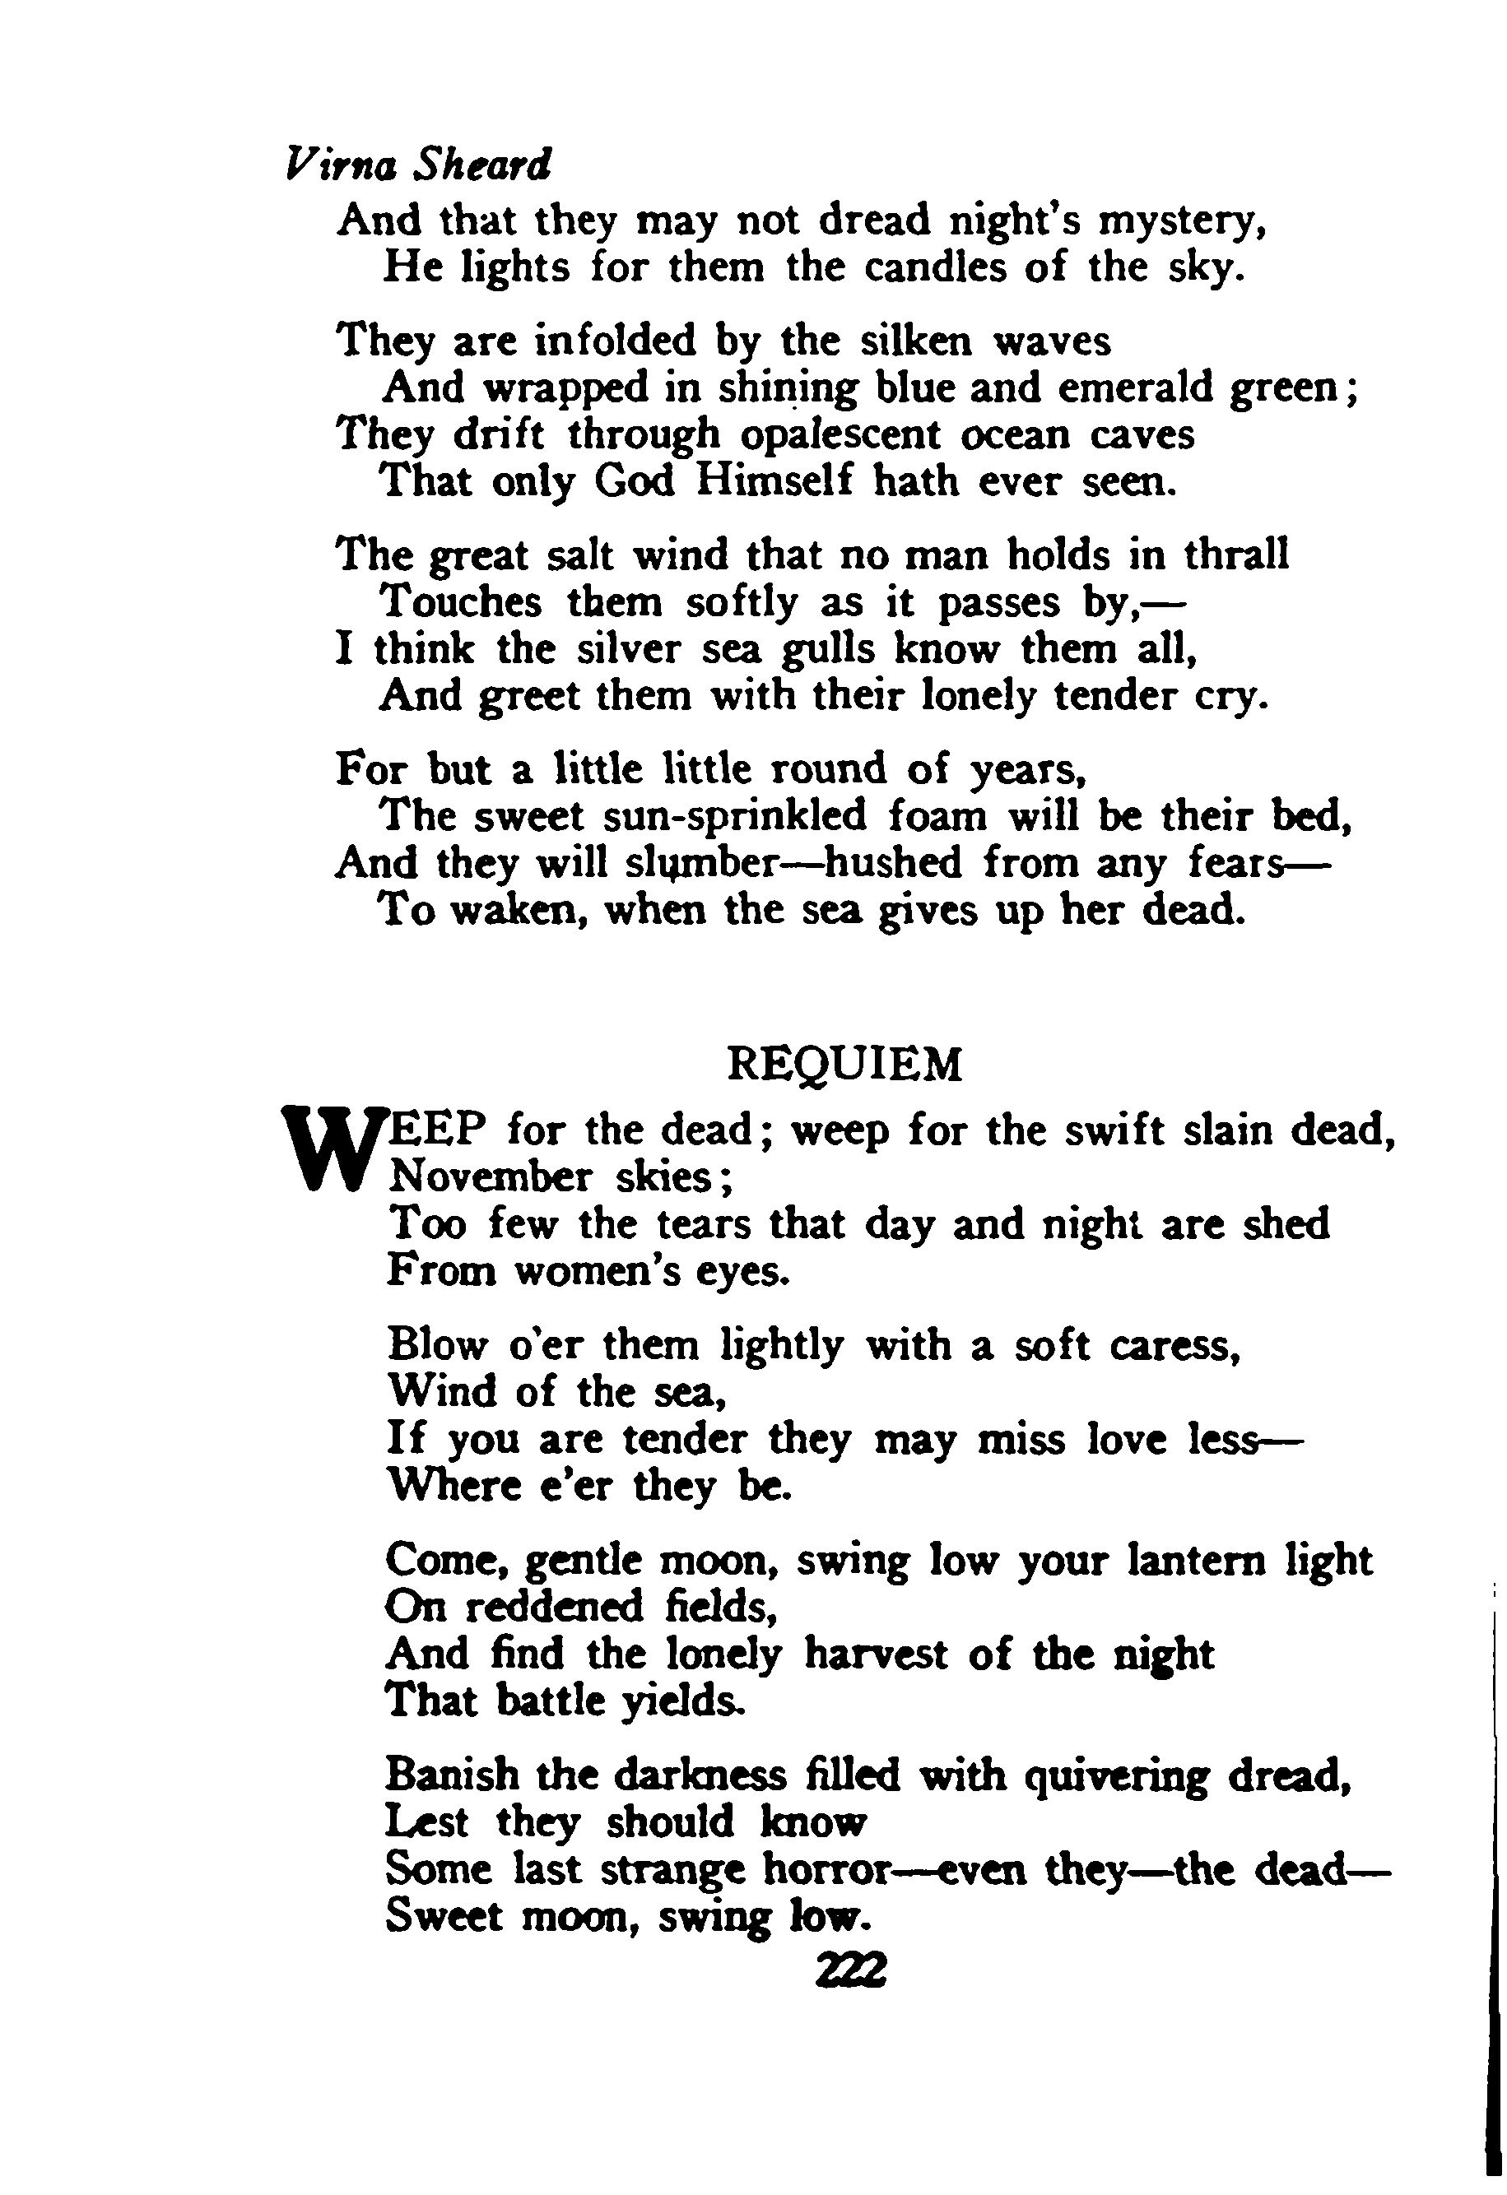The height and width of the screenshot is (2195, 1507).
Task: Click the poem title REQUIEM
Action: [845, 1065]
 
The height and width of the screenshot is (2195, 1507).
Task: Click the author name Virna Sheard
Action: [416, 166]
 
